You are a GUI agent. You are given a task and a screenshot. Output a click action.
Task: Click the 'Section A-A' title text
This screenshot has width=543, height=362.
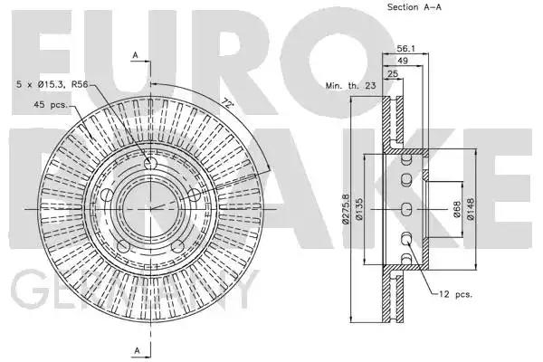(414, 7)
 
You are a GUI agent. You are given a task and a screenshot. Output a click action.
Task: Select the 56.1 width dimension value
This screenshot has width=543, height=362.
(405, 49)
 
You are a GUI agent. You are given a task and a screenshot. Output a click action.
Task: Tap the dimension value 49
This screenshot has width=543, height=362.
(403, 61)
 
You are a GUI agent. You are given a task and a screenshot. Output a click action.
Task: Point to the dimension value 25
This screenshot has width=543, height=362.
(393, 73)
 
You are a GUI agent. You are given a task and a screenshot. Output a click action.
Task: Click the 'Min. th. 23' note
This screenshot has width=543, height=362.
(350, 85)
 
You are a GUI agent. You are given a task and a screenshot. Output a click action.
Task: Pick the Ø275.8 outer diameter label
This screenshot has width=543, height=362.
(346, 208)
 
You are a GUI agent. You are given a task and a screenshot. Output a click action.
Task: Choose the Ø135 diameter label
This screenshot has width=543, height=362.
(358, 209)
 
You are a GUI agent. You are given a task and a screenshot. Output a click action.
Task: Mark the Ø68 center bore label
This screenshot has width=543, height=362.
(457, 210)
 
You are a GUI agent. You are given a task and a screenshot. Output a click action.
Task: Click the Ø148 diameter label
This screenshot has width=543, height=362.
(471, 209)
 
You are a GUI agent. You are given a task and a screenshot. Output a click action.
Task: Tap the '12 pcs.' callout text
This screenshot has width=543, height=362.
(456, 294)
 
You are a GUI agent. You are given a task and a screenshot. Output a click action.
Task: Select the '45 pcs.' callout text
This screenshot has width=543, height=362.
(51, 104)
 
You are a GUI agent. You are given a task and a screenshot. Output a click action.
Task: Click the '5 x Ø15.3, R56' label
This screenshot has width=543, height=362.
(52, 84)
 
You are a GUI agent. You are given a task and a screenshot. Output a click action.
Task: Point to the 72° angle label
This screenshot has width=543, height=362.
(227, 103)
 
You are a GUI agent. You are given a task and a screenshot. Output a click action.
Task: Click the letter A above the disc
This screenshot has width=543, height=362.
(136, 55)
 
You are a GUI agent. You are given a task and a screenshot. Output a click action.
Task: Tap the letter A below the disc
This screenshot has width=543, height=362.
(138, 350)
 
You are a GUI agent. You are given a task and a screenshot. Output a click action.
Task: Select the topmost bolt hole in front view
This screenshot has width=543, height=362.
(150, 163)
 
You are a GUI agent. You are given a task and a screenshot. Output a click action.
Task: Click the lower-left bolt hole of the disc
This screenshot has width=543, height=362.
(123, 247)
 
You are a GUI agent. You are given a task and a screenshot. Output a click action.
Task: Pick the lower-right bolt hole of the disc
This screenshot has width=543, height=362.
(177, 247)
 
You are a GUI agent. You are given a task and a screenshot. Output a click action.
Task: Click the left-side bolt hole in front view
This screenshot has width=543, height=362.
(107, 195)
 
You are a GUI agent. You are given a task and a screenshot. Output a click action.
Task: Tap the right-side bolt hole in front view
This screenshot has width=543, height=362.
(195, 195)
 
